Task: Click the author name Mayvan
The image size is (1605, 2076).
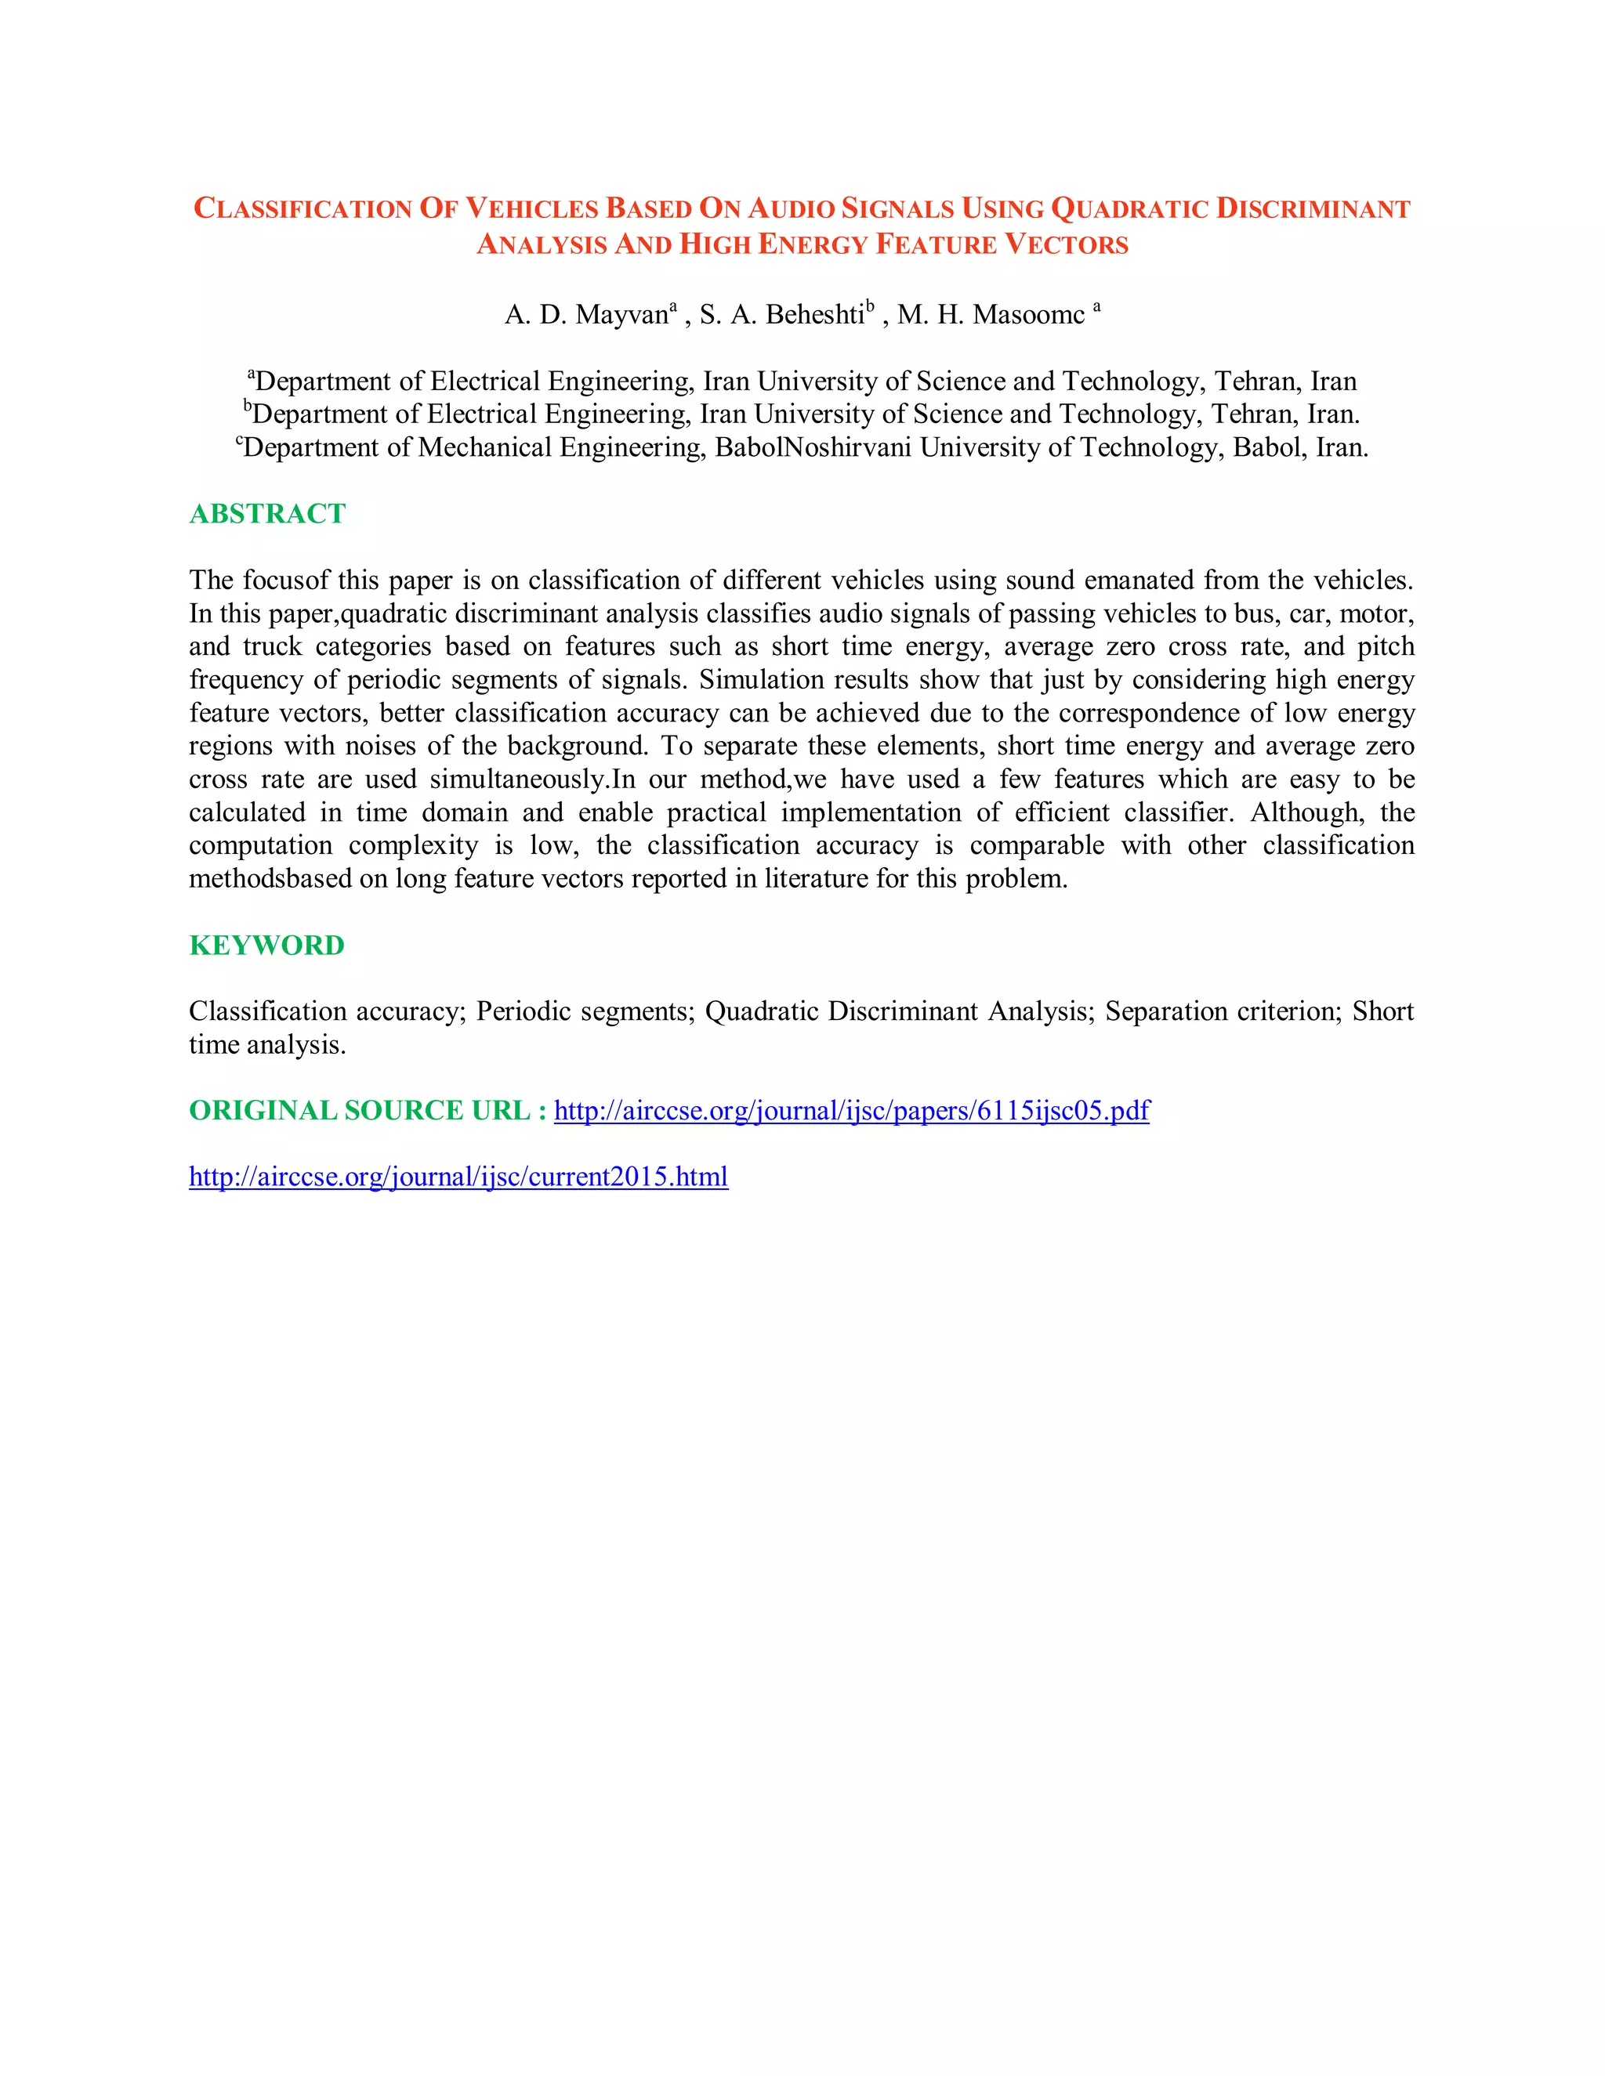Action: [621, 315]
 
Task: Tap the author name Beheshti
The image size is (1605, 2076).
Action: [814, 315]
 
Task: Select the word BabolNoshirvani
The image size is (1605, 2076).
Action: [813, 447]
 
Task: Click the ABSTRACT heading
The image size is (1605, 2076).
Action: [267, 513]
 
